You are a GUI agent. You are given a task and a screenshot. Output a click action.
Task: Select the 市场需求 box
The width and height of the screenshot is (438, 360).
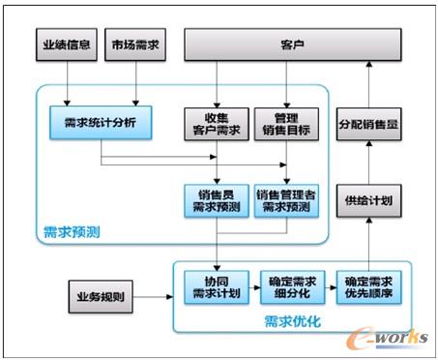point(133,45)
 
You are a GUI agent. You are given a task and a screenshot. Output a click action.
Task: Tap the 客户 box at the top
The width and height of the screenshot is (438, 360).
point(292,45)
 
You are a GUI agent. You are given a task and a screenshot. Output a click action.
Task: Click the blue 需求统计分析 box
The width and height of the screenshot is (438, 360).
point(101,125)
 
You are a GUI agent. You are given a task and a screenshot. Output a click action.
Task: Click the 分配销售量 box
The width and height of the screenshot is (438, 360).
point(367,125)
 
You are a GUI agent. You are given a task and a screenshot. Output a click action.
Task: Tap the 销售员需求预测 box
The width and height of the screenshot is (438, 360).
point(217,200)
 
